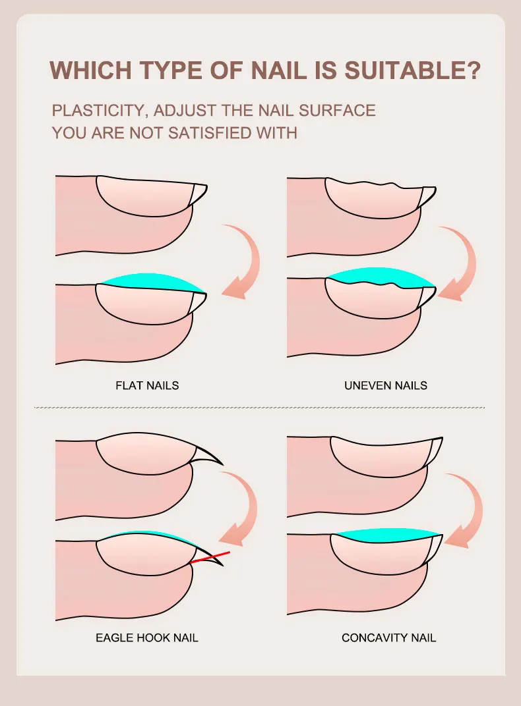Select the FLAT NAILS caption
point(147,385)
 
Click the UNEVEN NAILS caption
point(386,385)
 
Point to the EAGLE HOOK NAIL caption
point(147,638)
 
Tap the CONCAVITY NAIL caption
point(388,638)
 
